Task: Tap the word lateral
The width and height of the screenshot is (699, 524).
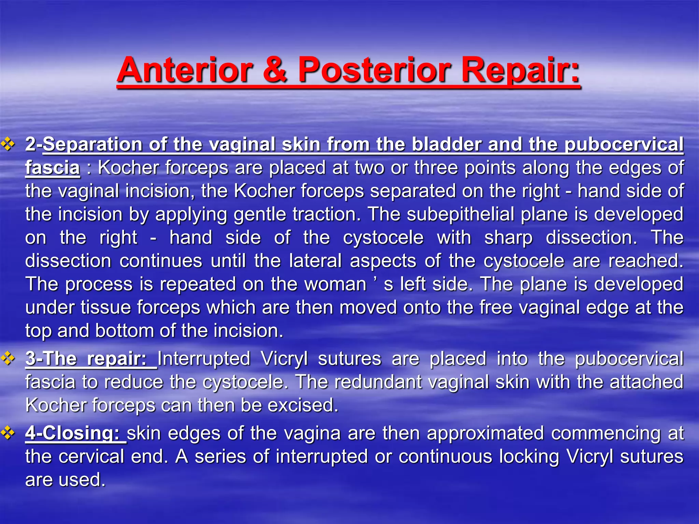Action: coord(315,261)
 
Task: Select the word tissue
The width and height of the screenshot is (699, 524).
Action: coord(106,307)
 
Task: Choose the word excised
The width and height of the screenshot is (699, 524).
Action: coord(303,405)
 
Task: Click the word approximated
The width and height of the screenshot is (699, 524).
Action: coord(485,433)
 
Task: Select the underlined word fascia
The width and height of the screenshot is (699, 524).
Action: coord(53,168)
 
